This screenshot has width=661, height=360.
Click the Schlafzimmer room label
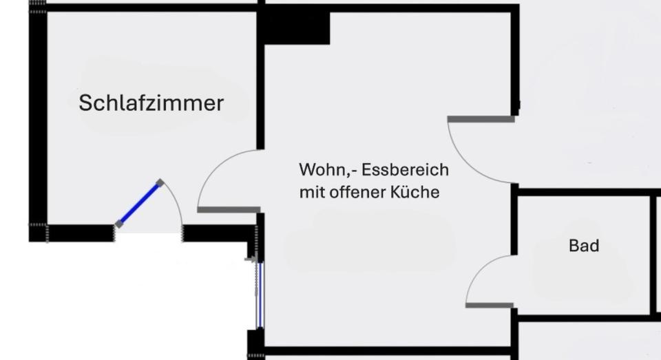click(x=151, y=103)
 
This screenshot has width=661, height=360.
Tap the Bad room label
click(x=584, y=246)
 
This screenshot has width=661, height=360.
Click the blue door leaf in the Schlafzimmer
click(x=140, y=203)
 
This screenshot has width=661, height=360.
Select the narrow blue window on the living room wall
click(x=260, y=295)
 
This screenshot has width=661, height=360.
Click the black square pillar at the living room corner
click(x=295, y=28)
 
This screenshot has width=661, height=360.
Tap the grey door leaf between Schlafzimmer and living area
click(x=229, y=209)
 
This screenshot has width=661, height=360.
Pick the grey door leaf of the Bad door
click(x=490, y=305)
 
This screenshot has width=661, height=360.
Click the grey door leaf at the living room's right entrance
click(x=481, y=119)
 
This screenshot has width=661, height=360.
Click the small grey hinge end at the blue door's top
click(x=160, y=182)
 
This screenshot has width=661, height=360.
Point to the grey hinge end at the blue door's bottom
click(x=119, y=224)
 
